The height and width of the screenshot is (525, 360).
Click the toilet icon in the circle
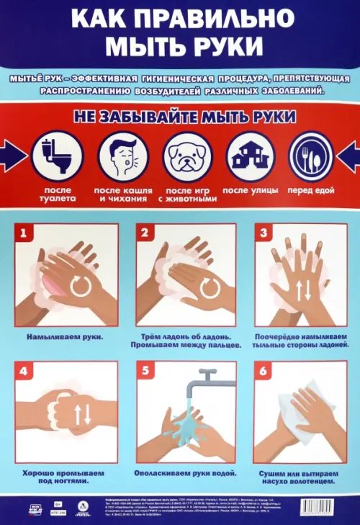tap(55, 155)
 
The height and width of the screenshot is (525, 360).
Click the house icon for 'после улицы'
tap(250, 155)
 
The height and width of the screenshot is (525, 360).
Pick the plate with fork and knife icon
tap(310, 155)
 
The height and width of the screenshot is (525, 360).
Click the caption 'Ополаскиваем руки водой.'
tap(184, 474)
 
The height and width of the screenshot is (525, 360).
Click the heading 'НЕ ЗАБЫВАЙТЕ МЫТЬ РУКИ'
tap(180, 116)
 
